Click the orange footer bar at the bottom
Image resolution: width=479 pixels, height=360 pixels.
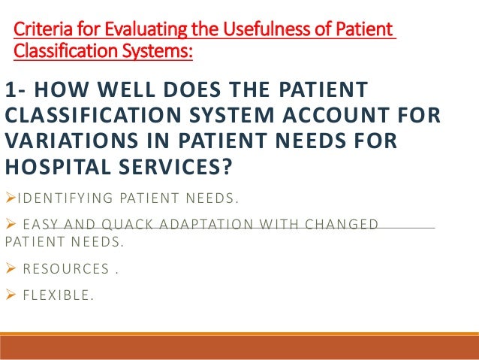239,346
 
